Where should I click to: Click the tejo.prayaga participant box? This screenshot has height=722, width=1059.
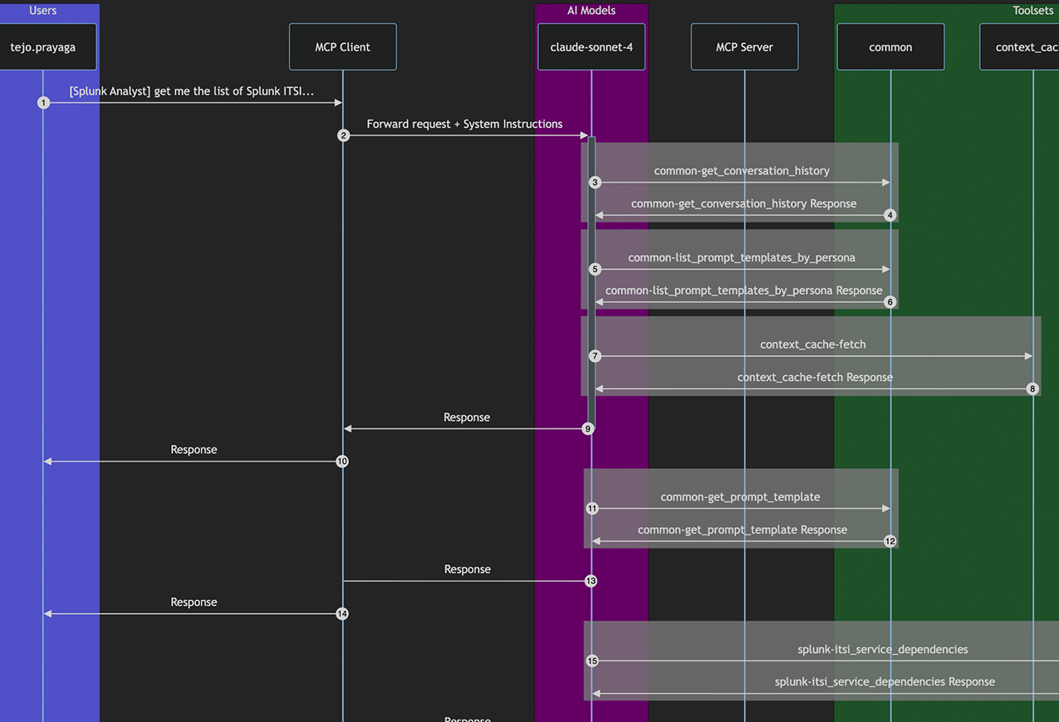point(43,47)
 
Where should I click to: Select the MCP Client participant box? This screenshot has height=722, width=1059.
point(342,47)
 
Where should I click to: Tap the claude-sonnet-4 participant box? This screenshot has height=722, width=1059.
point(591,47)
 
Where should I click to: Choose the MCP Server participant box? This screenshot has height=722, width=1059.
point(744,47)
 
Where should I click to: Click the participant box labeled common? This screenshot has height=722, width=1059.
point(890,47)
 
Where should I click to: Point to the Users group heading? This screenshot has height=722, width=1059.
point(43,11)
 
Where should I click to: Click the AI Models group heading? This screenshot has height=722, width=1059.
point(591,11)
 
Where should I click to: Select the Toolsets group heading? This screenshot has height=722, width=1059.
point(1032,11)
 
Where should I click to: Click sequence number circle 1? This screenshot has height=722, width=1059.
point(44,103)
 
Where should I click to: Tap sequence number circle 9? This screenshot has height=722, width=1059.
point(588,429)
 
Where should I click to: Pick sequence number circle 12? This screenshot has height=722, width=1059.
point(890,541)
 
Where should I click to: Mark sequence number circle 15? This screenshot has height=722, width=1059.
point(592,661)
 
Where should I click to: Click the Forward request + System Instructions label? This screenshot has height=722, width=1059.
point(464,124)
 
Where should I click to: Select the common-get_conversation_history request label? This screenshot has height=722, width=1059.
point(742,171)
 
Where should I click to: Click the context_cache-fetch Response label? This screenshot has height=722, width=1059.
point(815,378)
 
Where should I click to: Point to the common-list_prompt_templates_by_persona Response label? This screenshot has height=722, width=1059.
point(743,290)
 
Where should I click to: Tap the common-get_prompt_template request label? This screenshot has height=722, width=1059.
point(740,497)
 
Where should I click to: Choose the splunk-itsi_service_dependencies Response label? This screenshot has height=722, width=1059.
point(885,682)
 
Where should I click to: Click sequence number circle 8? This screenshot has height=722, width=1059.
point(1032,388)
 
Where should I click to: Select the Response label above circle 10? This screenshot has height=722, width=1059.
point(194,450)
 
